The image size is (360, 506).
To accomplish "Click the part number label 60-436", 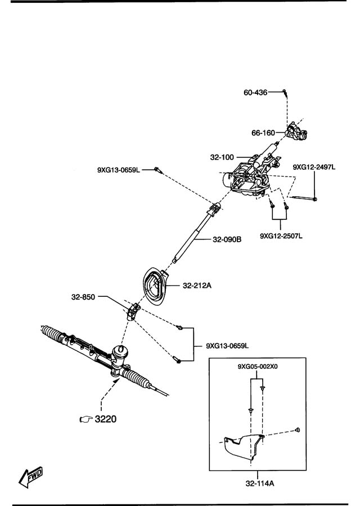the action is (255, 93).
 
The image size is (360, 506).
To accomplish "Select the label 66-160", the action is (263, 133).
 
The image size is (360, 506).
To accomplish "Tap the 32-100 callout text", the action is (222, 157).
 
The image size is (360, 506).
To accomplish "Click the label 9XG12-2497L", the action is (314, 167).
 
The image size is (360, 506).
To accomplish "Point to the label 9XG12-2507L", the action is (281, 236).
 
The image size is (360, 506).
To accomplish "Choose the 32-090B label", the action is (227, 240).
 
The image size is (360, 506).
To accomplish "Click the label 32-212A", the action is (197, 286).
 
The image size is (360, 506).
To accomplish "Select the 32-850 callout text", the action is (83, 297).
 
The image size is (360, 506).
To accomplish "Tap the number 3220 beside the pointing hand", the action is (106, 419).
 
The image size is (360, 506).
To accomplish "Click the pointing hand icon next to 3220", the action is (86, 419).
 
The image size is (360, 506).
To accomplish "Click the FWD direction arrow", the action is (31, 476).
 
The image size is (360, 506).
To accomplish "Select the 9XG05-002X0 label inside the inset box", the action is (258, 367).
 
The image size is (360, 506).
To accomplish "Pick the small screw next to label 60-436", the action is (285, 93).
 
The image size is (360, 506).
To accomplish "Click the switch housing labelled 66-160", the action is (296, 132).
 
